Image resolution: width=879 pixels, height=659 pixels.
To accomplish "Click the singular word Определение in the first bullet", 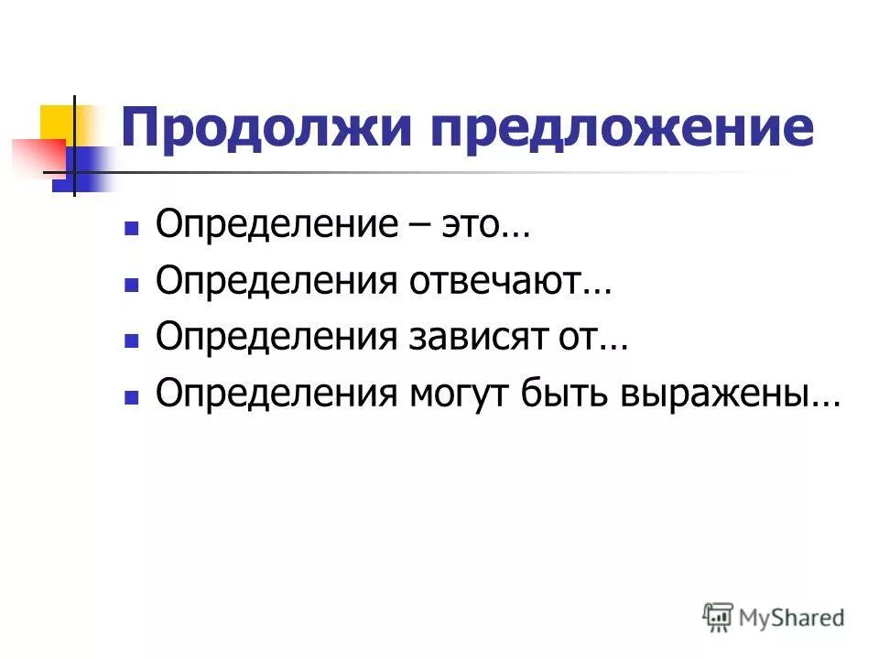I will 270,226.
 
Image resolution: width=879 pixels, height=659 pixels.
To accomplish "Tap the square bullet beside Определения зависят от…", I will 131,340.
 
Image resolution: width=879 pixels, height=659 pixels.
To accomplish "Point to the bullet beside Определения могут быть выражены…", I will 131,396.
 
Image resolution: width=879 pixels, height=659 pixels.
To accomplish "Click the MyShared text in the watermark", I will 791,617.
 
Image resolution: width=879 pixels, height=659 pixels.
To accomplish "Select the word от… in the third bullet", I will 601,338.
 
